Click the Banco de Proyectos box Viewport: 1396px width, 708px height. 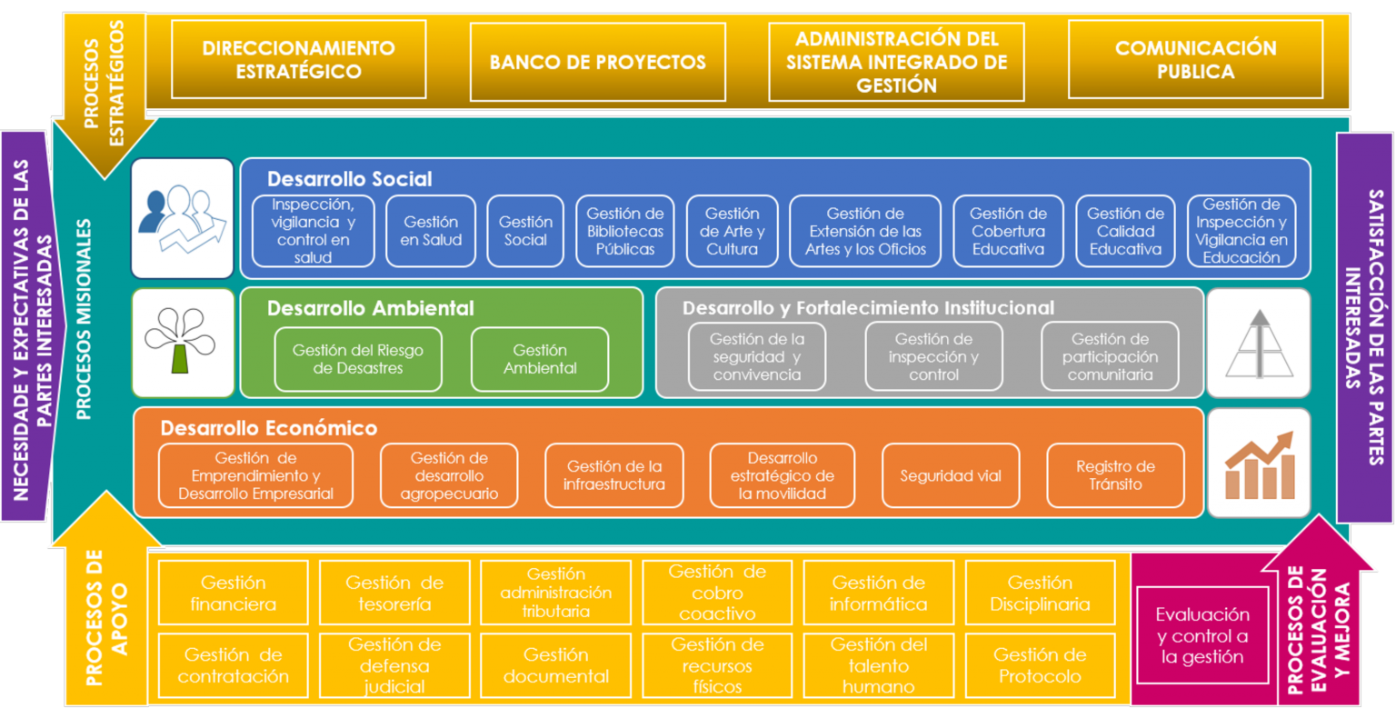pyautogui.click(x=597, y=62)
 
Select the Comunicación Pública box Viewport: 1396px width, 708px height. pyautogui.click(x=1195, y=60)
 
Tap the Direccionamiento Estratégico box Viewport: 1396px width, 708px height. pyautogui.click(x=298, y=60)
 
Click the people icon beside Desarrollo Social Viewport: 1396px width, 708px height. pyautogui.click(x=182, y=218)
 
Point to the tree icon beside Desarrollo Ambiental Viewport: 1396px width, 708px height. pyautogui.click(x=182, y=343)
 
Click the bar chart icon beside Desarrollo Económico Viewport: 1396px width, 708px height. pyautogui.click(x=1259, y=464)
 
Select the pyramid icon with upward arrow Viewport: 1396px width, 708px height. pyautogui.click(x=1259, y=343)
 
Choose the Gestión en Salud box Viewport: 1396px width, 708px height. pyautogui.click(x=431, y=231)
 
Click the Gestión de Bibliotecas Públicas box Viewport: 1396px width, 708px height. pyautogui.click(x=625, y=231)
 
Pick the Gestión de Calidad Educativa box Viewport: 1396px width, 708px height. pyautogui.click(x=1125, y=231)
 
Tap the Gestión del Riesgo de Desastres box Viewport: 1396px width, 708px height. pyautogui.click(x=358, y=359)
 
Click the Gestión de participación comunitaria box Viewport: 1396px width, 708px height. pyautogui.click(x=1110, y=356)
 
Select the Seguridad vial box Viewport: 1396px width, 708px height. pyautogui.click(x=950, y=475)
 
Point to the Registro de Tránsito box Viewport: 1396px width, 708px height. pyautogui.click(x=1115, y=475)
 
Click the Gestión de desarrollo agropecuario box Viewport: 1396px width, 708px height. pyautogui.click(x=449, y=475)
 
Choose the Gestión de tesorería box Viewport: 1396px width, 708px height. pyautogui.click(x=394, y=593)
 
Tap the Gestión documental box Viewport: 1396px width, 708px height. pyautogui.click(x=555, y=665)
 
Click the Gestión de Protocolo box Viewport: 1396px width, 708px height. pyautogui.click(x=1040, y=665)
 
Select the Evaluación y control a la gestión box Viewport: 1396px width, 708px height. pyautogui.click(x=1202, y=635)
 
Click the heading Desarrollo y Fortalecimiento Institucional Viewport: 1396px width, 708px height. pyautogui.click(x=868, y=308)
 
